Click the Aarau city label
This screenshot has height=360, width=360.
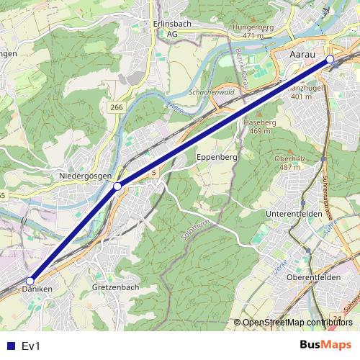click(302, 53)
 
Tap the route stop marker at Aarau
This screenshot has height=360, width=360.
click(330, 59)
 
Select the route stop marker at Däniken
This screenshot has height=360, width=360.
click(30, 281)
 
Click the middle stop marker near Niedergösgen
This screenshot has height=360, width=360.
click(117, 186)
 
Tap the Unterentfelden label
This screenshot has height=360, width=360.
click(296, 215)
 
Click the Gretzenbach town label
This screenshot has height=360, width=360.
click(116, 287)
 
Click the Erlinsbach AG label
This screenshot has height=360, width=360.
click(171, 28)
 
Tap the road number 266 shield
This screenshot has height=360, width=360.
click(116, 107)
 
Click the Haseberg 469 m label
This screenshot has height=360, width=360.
click(264, 127)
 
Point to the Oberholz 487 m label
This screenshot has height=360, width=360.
click(290, 163)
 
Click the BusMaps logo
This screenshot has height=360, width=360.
click(325, 345)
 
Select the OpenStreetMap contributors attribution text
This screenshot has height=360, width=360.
click(297, 322)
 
